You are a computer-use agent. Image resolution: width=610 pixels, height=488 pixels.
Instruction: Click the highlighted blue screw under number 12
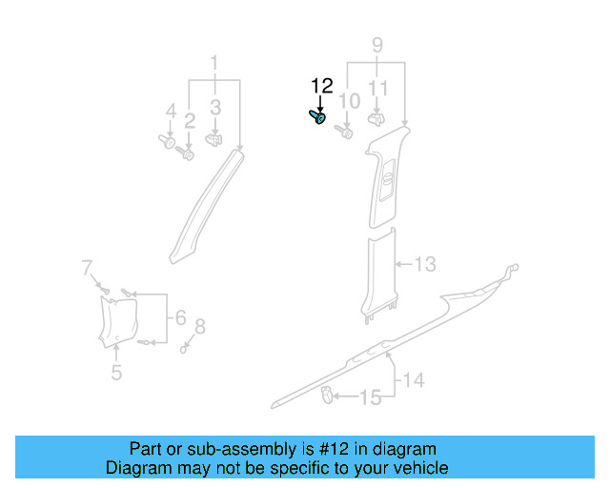(317, 117)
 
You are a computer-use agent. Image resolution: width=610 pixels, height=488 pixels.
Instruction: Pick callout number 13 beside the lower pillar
(425, 264)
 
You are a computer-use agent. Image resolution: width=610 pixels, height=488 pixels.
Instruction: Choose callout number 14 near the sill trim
(413, 381)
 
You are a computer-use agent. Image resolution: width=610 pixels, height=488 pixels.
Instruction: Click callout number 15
(369, 396)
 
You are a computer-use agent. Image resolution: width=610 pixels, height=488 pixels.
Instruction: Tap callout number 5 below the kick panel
(116, 372)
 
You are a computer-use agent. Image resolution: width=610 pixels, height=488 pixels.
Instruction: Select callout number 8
(199, 328)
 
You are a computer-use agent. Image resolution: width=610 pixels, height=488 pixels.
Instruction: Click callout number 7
(87, 266)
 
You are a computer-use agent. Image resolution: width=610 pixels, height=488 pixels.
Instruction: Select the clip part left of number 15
(327, 393)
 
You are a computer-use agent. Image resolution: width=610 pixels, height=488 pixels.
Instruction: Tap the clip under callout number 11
(376, 120)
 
